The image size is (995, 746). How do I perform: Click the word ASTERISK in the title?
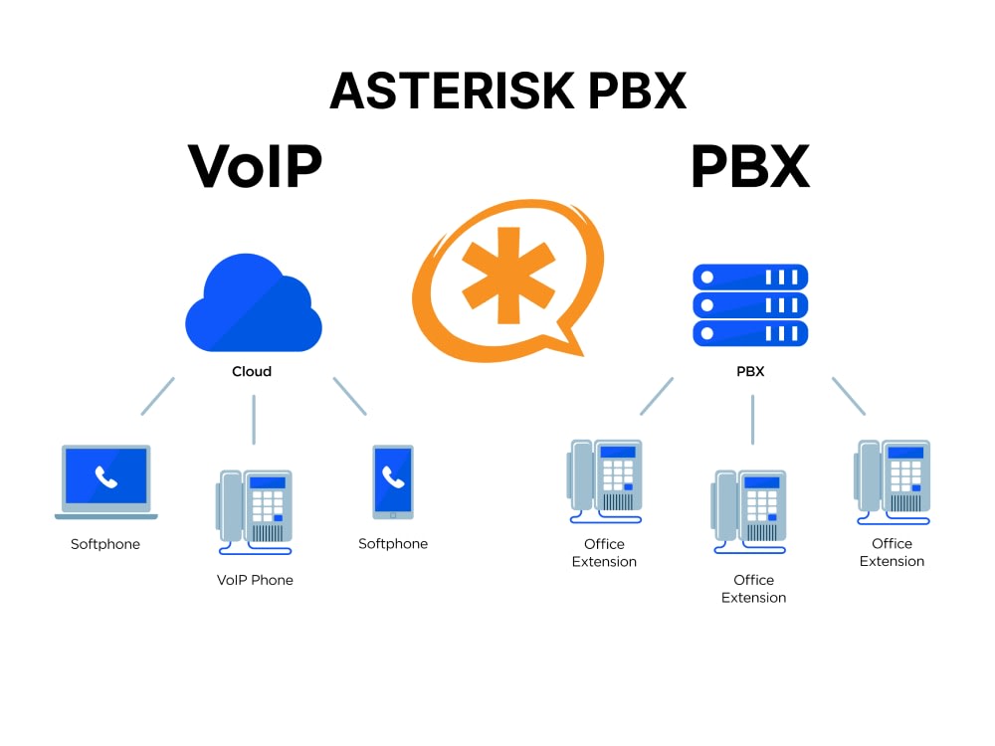click(x=453, y=91)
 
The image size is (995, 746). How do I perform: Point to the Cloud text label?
click(x=252, y=371)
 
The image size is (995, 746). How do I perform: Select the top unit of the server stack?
click(x=750, y=277)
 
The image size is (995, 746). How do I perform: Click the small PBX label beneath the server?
click(x=751, y=371)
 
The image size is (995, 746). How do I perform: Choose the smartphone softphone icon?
click(x=393, y=481)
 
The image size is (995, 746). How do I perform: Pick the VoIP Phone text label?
click(x=255, y=580)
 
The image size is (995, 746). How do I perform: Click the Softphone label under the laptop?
click(x=105, y=544)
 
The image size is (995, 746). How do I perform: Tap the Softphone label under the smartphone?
click(x=393, y=544)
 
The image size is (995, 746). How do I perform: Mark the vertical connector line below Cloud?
click(x=254, y=419)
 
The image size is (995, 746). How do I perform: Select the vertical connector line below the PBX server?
click(x=752, y=419)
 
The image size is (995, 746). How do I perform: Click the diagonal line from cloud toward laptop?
click(x=158, y=395)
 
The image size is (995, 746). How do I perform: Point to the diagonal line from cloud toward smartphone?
click(x=349, y=395)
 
